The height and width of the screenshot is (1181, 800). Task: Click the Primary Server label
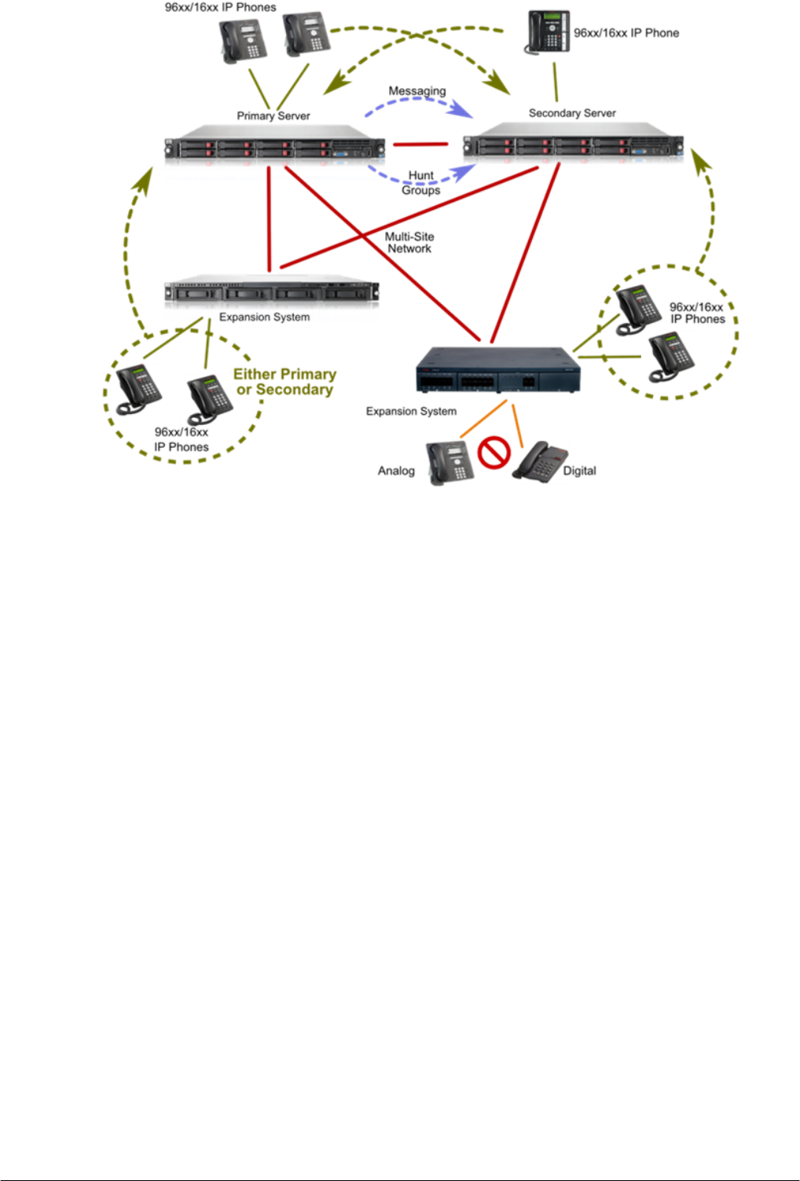pos(273,116)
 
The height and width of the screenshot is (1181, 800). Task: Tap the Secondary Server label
pos(572,113)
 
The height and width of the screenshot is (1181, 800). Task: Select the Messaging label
pos(417,91)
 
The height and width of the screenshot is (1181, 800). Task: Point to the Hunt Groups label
pos(421,182)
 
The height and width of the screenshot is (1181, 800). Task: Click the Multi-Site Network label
pos(409,242)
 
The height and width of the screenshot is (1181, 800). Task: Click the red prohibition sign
pos(494,453)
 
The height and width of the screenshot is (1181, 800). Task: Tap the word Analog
pos(396,471)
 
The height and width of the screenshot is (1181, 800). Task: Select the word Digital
pos(579,471)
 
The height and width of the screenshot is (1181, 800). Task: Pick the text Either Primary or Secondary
pos(284,382)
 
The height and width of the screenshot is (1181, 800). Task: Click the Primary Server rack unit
pos(274,145)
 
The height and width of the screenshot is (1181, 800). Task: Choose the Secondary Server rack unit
pos(573,144)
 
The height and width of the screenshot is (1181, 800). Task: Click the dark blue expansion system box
pos(497,372)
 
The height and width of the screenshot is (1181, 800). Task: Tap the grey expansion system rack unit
pos(271,292)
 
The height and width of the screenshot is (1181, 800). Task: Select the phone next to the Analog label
pos(450,463)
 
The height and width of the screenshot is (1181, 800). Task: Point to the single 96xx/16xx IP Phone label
pos(626,33)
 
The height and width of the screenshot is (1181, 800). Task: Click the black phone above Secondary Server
pos(548,33)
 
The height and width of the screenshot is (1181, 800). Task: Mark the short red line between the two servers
pos(420,144)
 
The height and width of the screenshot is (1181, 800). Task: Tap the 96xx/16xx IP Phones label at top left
pos(220,7)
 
